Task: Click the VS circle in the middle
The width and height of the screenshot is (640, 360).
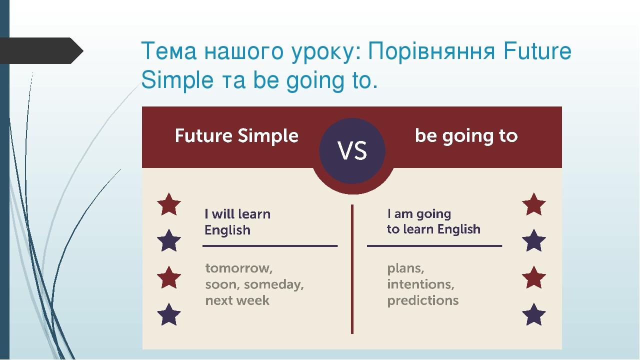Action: click(x=352, y=151)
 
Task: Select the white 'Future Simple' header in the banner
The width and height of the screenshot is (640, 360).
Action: click(x=236, y=136)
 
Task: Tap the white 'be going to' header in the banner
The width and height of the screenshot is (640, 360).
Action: click(x=466, y=136)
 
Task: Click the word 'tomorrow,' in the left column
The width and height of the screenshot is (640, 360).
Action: click(x=239, y=268)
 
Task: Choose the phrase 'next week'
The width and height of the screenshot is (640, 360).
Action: click(x=237, y=300)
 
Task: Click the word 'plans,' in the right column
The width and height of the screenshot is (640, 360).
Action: click(x=405, y=268)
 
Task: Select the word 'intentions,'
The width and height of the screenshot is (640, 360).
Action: click(x=420, y=284)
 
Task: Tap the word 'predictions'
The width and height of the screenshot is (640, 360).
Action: click(x=422, y=300)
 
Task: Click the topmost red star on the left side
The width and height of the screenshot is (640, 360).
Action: click(x=169, y=204)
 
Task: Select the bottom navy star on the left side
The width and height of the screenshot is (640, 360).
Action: click(x=169, y=314)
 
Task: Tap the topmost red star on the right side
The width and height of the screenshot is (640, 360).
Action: click(x=533, y=204)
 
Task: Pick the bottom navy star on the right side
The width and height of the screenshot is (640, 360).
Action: click(x=533, y=314)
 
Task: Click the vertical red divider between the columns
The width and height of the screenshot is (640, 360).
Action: click(x=352, y=270)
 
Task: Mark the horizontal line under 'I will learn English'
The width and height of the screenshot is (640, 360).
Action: click(x=270, y=246)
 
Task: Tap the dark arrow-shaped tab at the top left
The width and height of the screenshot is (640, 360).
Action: click(x=42, y=50)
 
